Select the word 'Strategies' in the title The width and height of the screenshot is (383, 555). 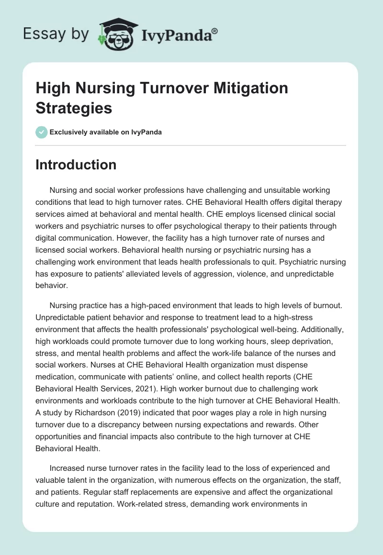pos(74,108)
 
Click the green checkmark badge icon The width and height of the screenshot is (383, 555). pos(42,133)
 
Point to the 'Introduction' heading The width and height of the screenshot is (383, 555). pos(76,165)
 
